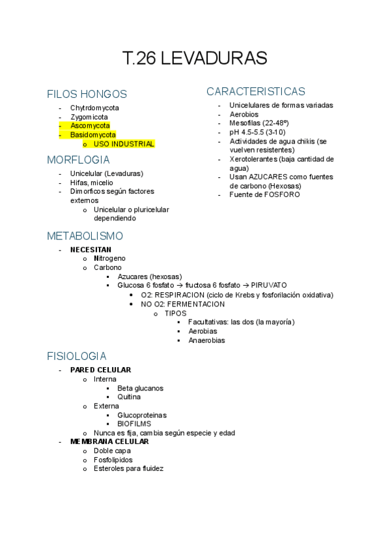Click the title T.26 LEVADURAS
195,58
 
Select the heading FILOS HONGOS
87,94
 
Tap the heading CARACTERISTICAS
256,91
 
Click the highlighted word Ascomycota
90,125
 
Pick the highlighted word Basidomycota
93,134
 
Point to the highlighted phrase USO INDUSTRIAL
124,143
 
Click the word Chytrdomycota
94,108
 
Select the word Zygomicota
89,117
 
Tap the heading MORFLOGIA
78,160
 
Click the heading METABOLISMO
85,236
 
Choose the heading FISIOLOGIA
77,357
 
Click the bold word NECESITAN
91,249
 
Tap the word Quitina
129,396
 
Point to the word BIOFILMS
134,423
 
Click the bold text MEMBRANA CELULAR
109,441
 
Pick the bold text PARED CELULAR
100,370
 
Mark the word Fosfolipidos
113,460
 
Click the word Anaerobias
206,340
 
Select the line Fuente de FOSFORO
264,194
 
